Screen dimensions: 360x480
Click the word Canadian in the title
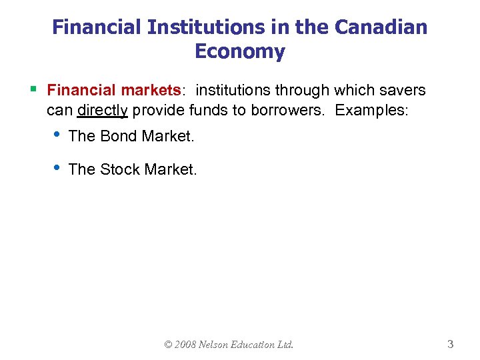pos(381,27)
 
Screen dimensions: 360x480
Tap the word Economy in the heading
pos(240,51)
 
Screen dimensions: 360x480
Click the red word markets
pos(150,90)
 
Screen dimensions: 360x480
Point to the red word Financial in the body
pos(81,90)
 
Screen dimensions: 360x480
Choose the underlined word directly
pos(103,110)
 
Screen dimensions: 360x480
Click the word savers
pos(402,90)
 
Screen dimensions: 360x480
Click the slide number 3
pos(451,345)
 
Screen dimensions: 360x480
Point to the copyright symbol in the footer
pos(169,345)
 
